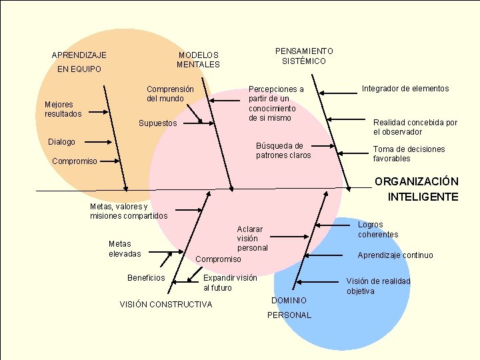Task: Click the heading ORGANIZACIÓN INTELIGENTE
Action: click(x=416, y=189)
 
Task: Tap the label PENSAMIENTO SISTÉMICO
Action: click(x=303, y=56)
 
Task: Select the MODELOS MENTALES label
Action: click(x=198, y=60)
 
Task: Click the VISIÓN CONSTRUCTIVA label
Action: click(x=165, y=305)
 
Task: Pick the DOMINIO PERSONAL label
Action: click(x=289, y=308)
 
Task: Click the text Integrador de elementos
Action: click(x=405, y=89)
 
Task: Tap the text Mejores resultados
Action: click(x=63, y=109)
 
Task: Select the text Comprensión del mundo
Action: click(x=170, y=93)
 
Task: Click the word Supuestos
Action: click(x=157, y=123)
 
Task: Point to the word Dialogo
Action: click(x=61, y=142)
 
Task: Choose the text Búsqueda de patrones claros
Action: click(x=283, y=150)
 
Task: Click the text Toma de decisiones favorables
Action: click(x=409, y=154)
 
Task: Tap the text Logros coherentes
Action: click(x=377, y=230)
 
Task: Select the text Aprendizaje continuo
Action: click(x=395, y=255)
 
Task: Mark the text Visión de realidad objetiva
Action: click(x=377, y=286)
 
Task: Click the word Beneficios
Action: click(x=146, y=278)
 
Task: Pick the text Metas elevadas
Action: click(x=125, y=249)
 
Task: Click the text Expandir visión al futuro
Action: click(x=229, y=283)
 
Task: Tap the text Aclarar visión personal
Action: click(x=252, y=238)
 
